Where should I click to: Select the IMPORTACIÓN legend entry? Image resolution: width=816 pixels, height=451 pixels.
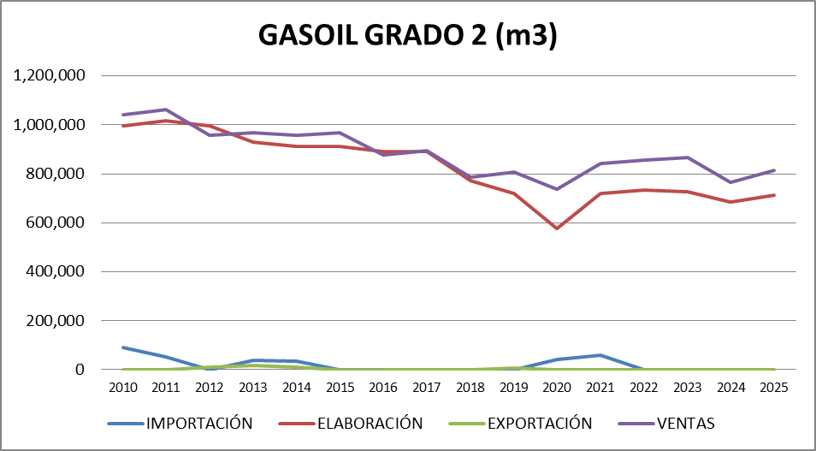click(x=199, y=423)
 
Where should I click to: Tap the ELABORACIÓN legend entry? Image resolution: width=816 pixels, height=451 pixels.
click(x=369, y=423)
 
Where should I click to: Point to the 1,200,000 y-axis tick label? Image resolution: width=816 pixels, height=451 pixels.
click(x=49, y=76)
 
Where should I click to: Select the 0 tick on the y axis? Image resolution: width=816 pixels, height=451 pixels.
click(x=80, y=370)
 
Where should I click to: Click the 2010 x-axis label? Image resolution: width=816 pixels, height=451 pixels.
click(x=124, y=387)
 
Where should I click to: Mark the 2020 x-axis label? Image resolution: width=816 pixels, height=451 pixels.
click(x=557, y=387)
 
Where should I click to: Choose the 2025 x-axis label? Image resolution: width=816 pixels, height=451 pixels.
click(x=773, y=387)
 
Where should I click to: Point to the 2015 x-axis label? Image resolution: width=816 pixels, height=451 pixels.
click(x=340, y=387)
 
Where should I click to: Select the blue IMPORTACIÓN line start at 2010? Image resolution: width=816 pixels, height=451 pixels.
click(x=124, y=347)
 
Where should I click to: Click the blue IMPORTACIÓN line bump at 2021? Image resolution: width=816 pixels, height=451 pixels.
click(x=600, y=355)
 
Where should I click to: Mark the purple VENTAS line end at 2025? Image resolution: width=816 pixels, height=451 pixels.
click(x=773, y=170)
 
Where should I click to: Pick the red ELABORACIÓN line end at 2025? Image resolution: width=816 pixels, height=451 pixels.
click(x=773, y=195)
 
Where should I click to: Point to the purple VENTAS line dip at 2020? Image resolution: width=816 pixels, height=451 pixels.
click(x=557, y=189)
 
